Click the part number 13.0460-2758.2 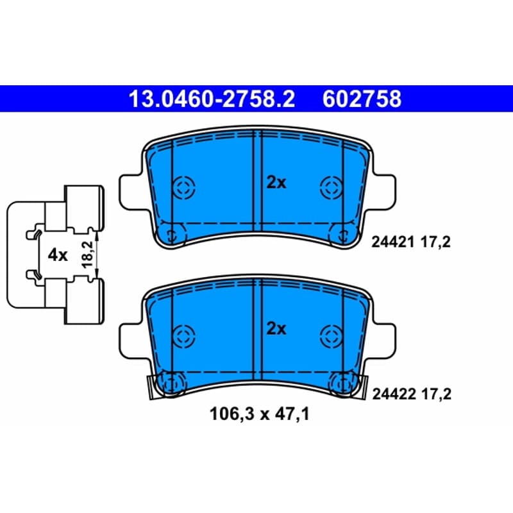[212, 99]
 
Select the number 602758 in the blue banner [362, 99]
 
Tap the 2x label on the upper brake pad [276, 183]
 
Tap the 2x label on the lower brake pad [276, 328]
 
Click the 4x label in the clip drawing [58, 255]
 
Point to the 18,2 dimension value [88, 255]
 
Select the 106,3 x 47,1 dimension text [259, 414]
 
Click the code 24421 [392, 242]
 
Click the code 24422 [394, 394]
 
